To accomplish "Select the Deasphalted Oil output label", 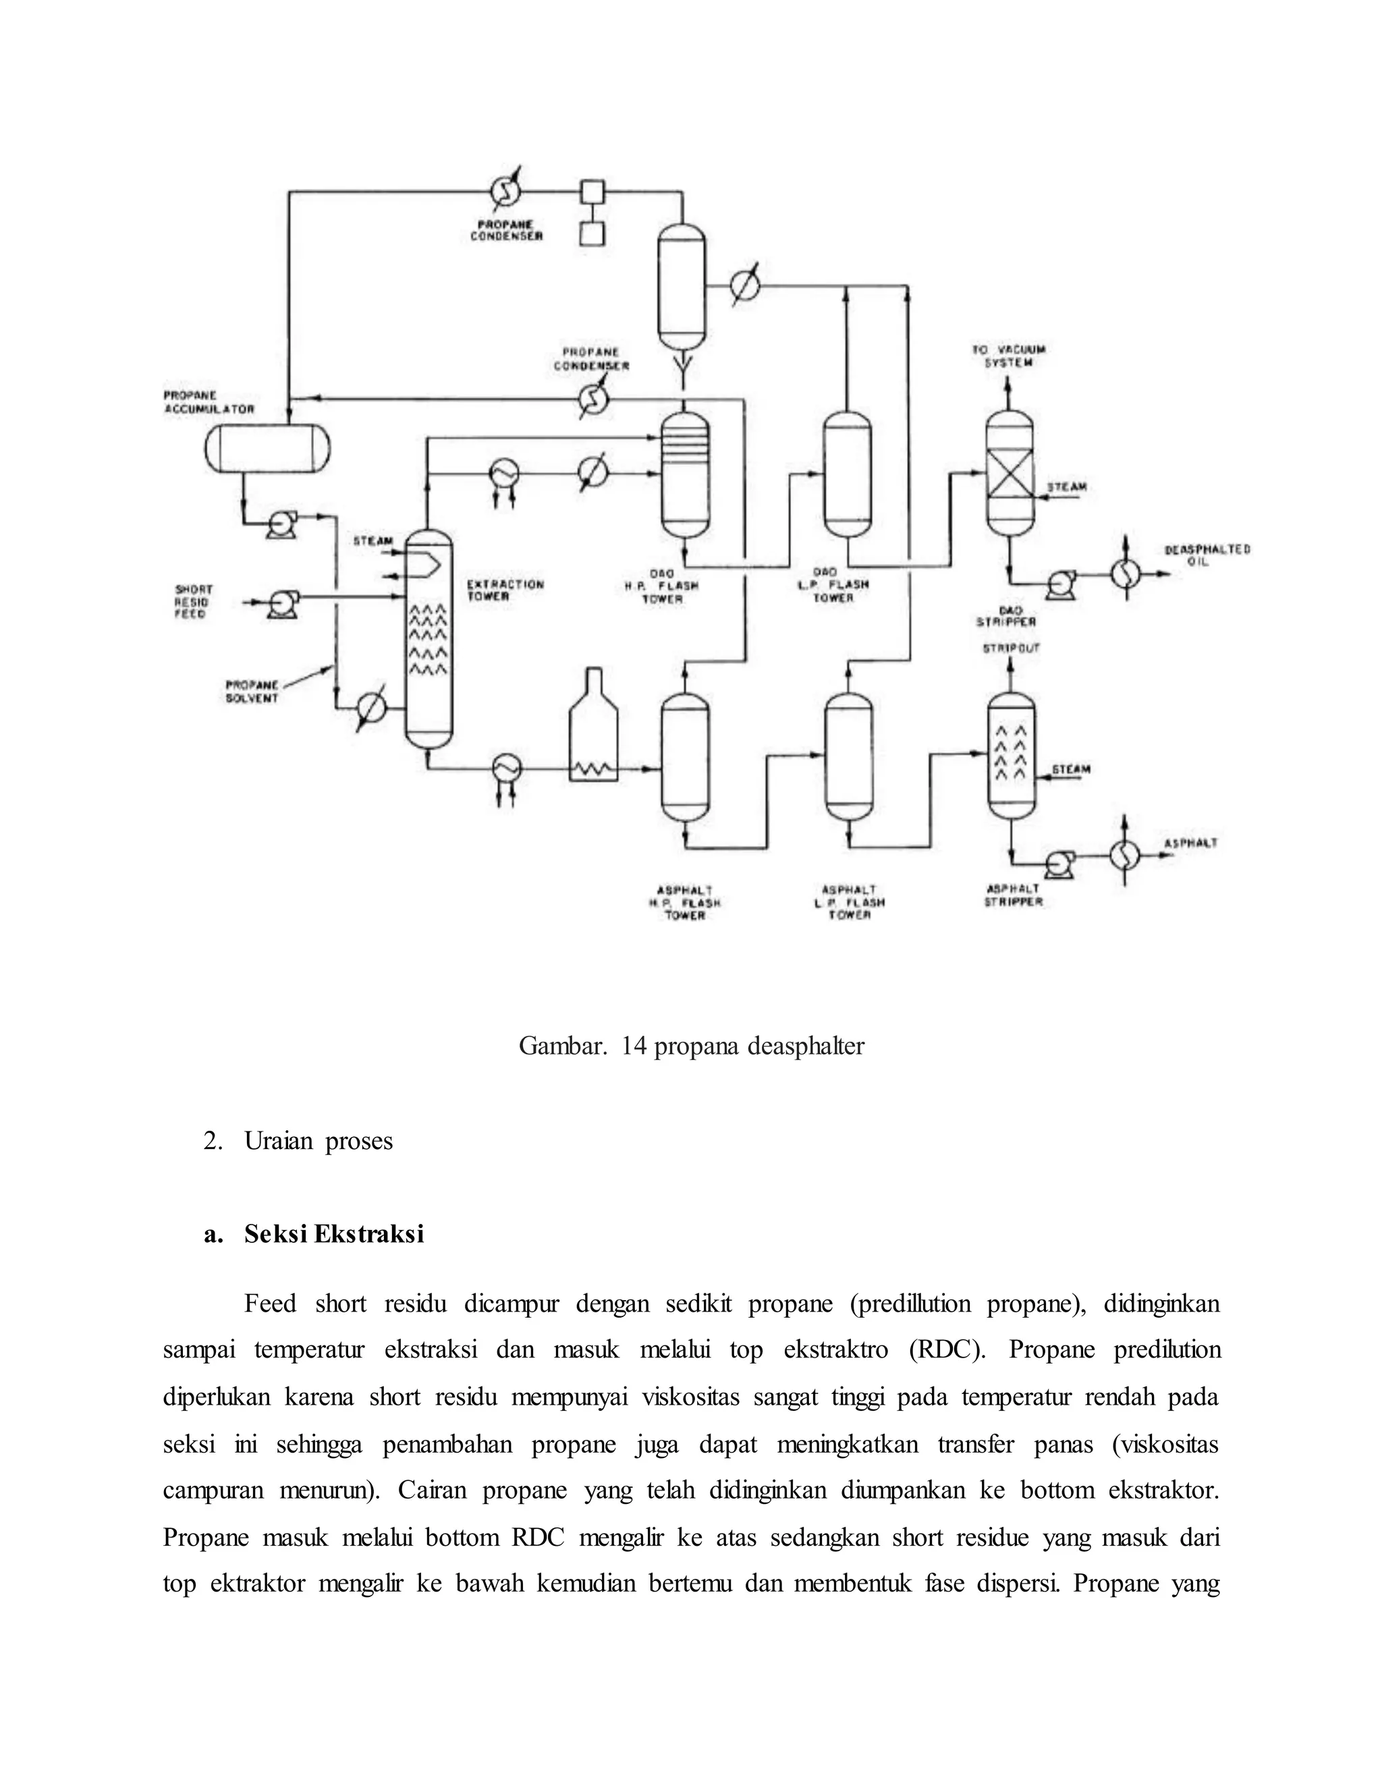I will tap(1207, 555).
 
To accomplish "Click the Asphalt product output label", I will tap(1190, 843).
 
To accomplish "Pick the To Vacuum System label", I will tap(1009, 356).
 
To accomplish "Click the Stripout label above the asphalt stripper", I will tap(1011, 648).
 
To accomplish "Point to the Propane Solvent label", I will tap(252, 692).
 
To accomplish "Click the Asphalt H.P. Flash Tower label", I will tap(684, 902).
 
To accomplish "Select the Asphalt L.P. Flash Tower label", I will tap(849, 902).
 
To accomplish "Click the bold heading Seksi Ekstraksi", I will tap(334, 1234).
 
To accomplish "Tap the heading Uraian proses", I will tap(318, 1141).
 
